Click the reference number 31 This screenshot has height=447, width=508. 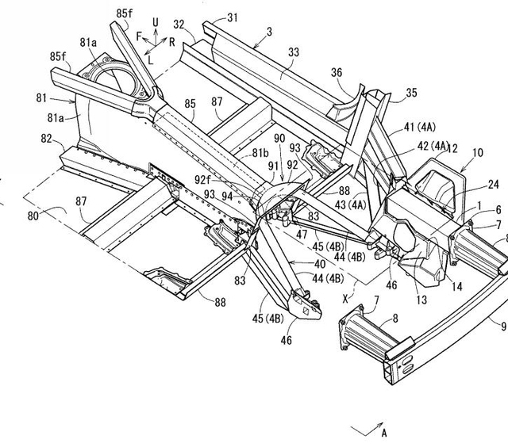pyautogui.click(x=233, y=17)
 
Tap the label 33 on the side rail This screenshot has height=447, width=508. pyautogui.click(x=294, y=52)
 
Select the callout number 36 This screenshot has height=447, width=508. pyautogui.click(x=337, y=72)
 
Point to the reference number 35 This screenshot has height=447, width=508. pyautogui.click(x=411, y=93)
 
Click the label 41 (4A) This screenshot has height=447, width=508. pyautogui.click(x=420, y=127)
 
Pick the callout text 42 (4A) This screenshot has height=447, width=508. pyautogui.click(x=433, y=146)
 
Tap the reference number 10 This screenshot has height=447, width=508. pyautogui.click(x=478, y=153)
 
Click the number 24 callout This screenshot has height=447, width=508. pyautogui.click(x=494, y=185)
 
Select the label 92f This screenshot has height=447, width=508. pyautogui.click(x=203, y=179)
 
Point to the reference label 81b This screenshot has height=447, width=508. pyautogui.click(x=260, y=153)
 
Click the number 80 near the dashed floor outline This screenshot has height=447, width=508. pyautogui.click(x=33, y=216)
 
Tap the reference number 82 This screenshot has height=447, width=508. pyautogui.click(x=46, y=139)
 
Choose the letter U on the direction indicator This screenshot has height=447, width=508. pyautogui.click(x=156, y=22)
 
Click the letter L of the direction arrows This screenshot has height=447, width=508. pyautogui.click(x=150, y=59)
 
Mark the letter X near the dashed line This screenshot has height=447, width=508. pyautogui.click(x=345, y=300)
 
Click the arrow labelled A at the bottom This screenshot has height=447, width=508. pyautogui.click(x=368, y=429)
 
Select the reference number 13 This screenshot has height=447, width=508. pyautogui.click(x=421, y=300)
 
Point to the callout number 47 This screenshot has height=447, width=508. pyautogui.click(x=302, y=234)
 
